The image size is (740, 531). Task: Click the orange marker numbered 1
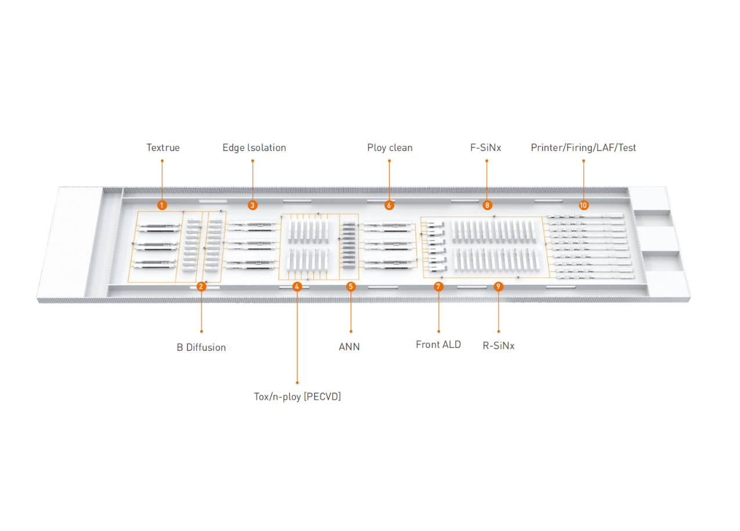tap(162, 205)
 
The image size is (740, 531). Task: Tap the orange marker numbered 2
tap(201, 286)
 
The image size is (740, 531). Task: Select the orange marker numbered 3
tap(252, 205)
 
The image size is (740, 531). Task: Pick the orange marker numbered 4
tap(297, 286)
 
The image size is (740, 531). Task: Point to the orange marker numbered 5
tap(351, 286)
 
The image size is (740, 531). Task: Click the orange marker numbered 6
tap(389, 205)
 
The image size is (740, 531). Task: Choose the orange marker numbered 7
tap(438, 286)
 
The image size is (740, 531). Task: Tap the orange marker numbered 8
tap(487, 205)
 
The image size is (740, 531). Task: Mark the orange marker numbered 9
tap(498, 286)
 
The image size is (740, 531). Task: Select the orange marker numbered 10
tap(583, 205)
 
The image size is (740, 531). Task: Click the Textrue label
tap(163, 148)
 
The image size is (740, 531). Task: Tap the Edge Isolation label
tap(254, 148)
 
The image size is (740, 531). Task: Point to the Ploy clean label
tap(389, 148)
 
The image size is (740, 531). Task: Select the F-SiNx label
tap(485, 148)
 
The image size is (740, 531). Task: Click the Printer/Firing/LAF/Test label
tap(583, 148)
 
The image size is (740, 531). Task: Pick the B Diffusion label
tap(201, 347)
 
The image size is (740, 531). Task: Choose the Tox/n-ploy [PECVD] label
tap(297, 397)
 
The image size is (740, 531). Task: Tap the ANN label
tap(349, 347)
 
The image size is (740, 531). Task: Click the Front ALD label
tap(438, 345)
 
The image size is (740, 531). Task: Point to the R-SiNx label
tap(499, 346)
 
